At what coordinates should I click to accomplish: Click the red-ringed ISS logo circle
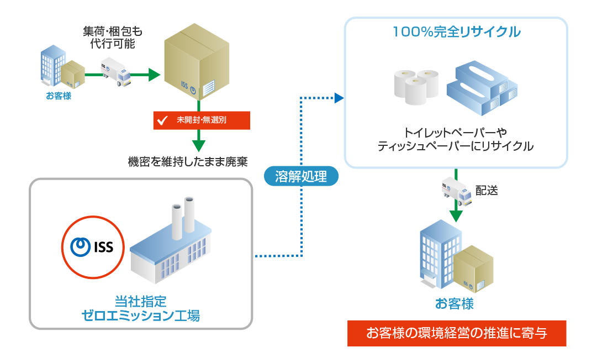pyautogui.click(x=93, y=247)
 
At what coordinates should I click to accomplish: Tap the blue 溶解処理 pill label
pyautogui.click(x=300, y=176)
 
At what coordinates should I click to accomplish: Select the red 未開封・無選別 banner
pyautogui.click(x=202, y=120)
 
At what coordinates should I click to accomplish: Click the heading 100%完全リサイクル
pyautogui.click(x=456, y=32)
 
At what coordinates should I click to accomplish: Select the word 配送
pyautogui.click(x=487, y=191)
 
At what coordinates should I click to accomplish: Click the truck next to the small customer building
pyautogui.click(x=116, y=71)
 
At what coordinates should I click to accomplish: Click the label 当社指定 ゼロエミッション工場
pyautogui.click(x=140, y=308)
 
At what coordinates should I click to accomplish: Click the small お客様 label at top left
pyautogui.click(x=59, y=96)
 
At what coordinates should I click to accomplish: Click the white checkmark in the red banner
pyautogui.click(x=163, y=120)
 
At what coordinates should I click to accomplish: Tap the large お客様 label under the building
pyautogui.click(x=455, y=304)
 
